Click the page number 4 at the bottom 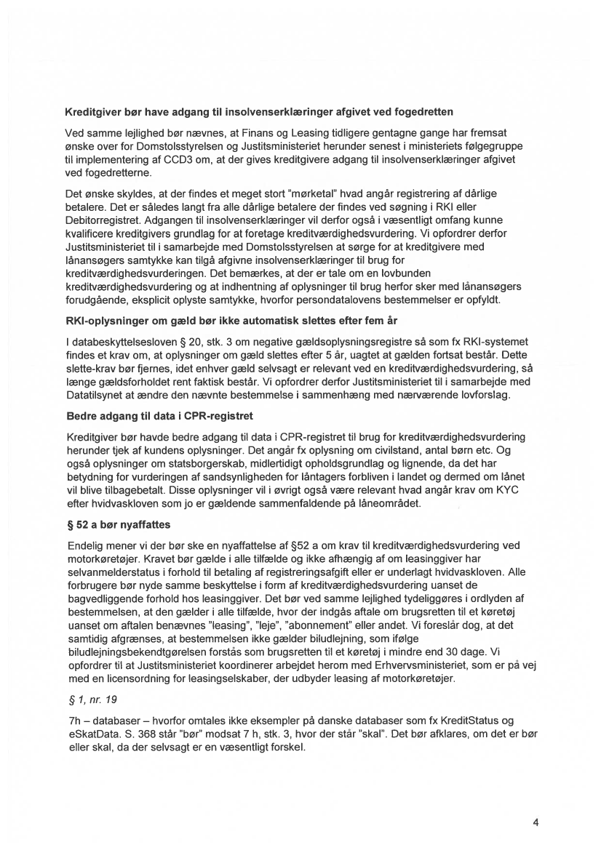(536, 823)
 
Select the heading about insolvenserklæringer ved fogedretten (260, 112)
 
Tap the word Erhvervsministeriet (396, 678)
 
